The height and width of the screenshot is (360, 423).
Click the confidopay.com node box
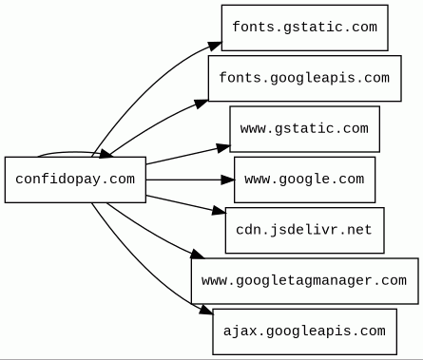75,180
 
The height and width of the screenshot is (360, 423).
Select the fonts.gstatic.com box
305,28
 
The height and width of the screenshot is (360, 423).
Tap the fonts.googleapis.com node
305,79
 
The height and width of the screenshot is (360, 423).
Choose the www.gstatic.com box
305,129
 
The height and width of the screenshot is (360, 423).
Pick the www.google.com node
305,180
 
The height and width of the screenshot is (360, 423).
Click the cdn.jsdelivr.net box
305,230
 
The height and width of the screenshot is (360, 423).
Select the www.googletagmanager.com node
305,281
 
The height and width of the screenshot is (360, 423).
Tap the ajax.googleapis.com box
305,332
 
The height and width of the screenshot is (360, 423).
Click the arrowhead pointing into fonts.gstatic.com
215,46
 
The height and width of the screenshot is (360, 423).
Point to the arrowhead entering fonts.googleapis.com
201,104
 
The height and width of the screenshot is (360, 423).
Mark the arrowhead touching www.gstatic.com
223,148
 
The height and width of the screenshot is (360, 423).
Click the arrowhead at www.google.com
228,180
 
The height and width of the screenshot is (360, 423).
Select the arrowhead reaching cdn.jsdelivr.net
219,211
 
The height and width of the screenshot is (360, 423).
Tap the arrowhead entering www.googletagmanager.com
197,255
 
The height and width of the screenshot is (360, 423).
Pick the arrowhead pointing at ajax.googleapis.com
206,310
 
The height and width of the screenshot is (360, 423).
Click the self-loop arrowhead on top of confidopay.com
106,154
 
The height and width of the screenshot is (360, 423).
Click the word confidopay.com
75,180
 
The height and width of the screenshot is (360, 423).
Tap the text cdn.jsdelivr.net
304,230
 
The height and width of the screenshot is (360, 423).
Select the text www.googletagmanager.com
304,280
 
